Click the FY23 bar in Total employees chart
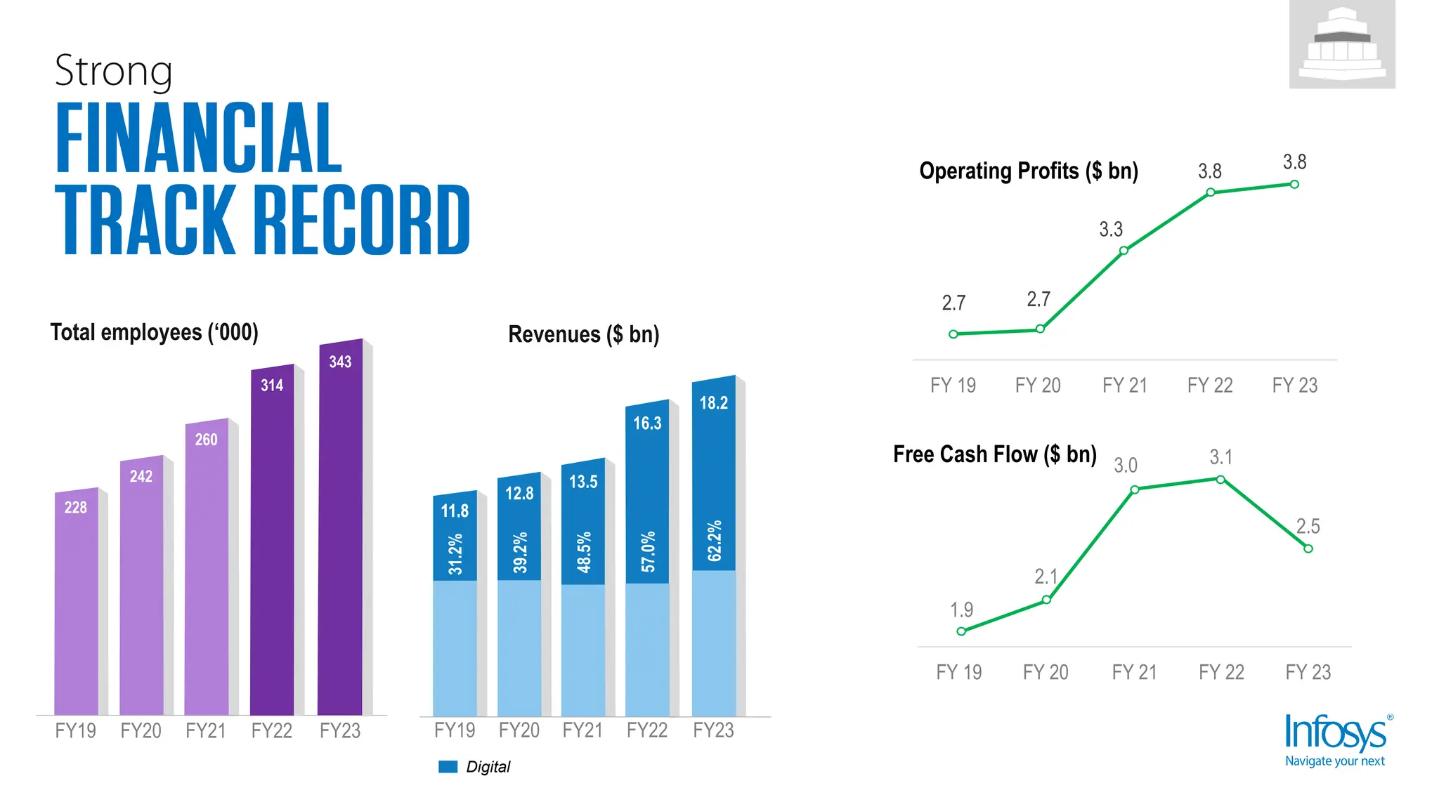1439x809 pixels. [x=340, y=534]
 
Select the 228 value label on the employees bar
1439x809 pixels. [x=76, y=508]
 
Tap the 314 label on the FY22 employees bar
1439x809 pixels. [x=272, y=386]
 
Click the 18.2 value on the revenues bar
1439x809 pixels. [x=713, y=403]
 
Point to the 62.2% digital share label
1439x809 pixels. [x=714, y=541]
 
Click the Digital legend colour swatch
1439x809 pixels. [x=448, y=767]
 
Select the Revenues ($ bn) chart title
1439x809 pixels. [x=583, y=334]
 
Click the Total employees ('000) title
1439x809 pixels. [x=154, y=332]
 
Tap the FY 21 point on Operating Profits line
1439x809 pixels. [x=1124, y=251]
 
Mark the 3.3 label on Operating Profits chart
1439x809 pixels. [x=1111, y=230]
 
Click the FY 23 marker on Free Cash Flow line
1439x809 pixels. [x=1308, y=548]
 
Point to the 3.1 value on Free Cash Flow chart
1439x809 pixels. [x=1220, y=458]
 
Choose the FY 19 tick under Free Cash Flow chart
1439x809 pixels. [x=958, y=672]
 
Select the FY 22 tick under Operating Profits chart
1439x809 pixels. [x=1209, y=386]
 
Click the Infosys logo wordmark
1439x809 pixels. [x=1335, y=732]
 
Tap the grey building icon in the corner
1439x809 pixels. [x=1341, y=44]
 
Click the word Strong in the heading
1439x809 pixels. [x=113, y=71]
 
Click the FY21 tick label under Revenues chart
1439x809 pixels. [x=582, y=730]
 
